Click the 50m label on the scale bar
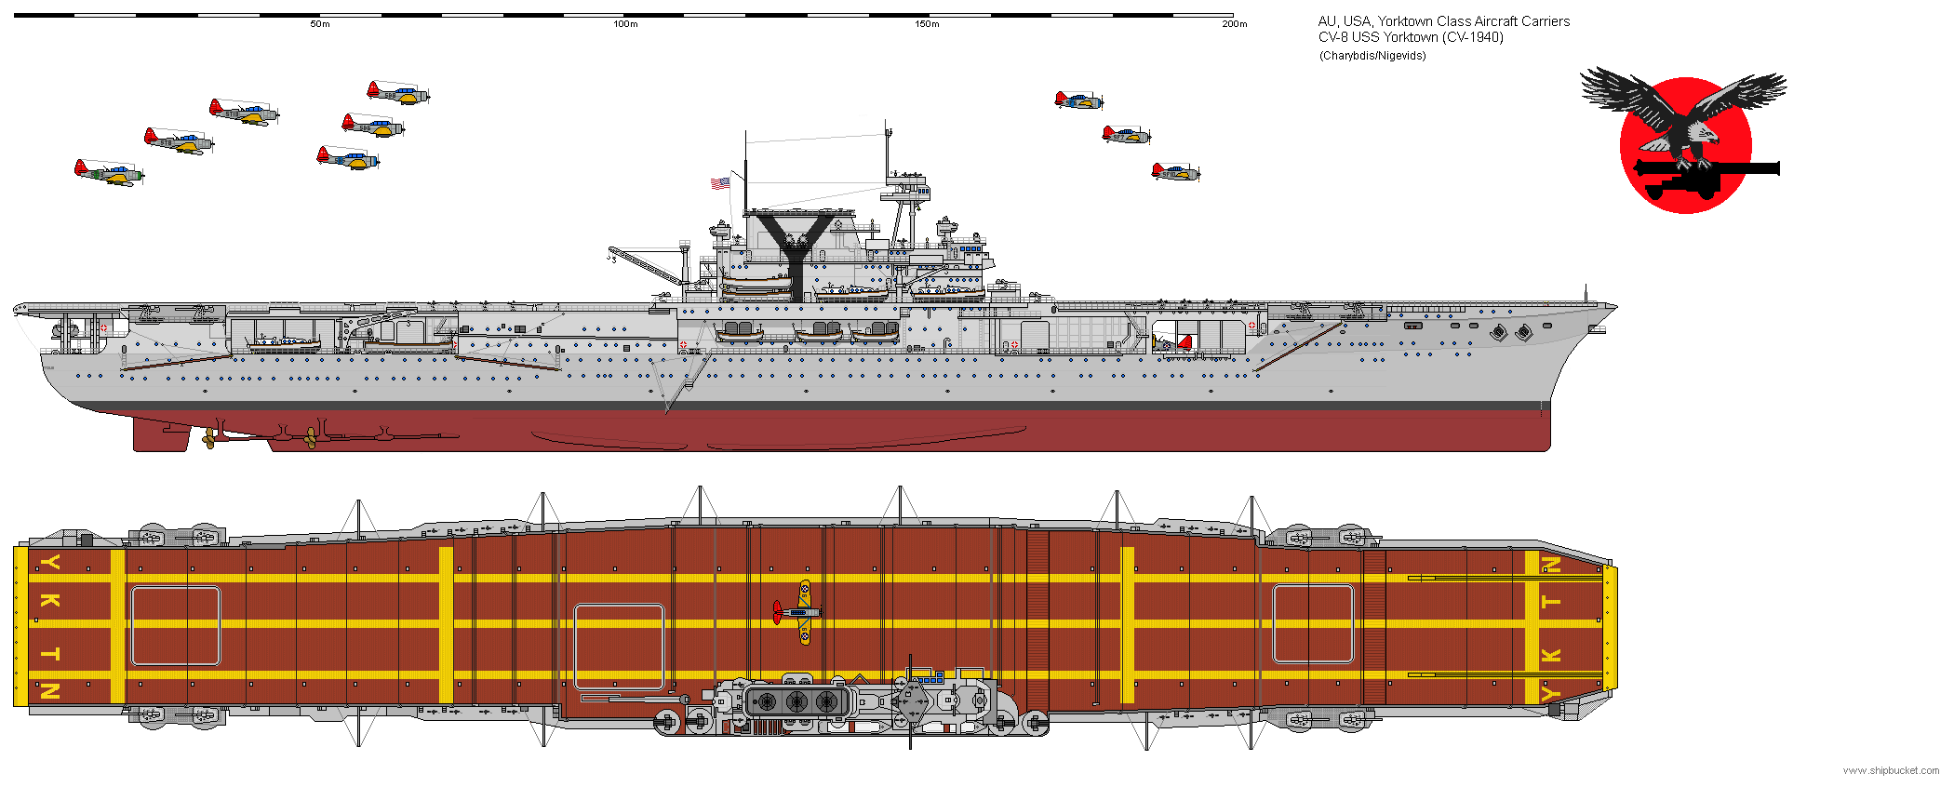pyautogui.click(x=319, y=24)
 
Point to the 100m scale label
pyautogui.click(x=625, y=24)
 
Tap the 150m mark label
pyautogui.click(x=927, y=24)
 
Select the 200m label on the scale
pyautogui.click(x=1234, y=24)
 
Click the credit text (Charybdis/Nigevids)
pyautogui.click(x=1372, y=56)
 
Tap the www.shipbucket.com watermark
pyautogui.click(x=1891, y=770)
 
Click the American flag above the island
pyautogui.click(x=720, y=183)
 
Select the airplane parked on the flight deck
pyautogui.click(x=798, y=612)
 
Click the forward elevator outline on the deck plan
pyautogui.click(x=1312, y=623)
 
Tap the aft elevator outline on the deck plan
pyautogui.click(x=176, y=626)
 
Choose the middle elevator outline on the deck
pyautogui.click(x=619, y=646)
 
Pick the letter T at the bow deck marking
pyautogui.click(x=1551, y=603)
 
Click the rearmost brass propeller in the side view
pyautogui.click(x=210, y=439)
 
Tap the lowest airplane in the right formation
pyautogui.click(x=1175, y=172)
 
